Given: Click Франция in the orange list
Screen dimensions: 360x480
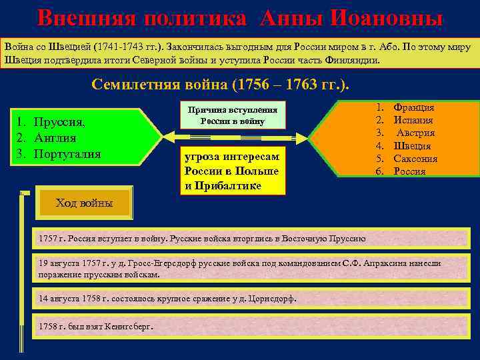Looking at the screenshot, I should coord(414,107).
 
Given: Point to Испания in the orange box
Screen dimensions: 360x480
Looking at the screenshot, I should coord(413,120).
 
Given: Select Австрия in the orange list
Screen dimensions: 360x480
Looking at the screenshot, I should coord(415,133).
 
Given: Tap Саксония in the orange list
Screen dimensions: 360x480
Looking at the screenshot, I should coord(415,159).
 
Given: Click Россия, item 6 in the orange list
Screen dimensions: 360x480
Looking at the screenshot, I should coord(409,171).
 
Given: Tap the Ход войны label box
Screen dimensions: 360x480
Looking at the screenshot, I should coord(84,203).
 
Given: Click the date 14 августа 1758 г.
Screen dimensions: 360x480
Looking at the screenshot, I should coord(73,299).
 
